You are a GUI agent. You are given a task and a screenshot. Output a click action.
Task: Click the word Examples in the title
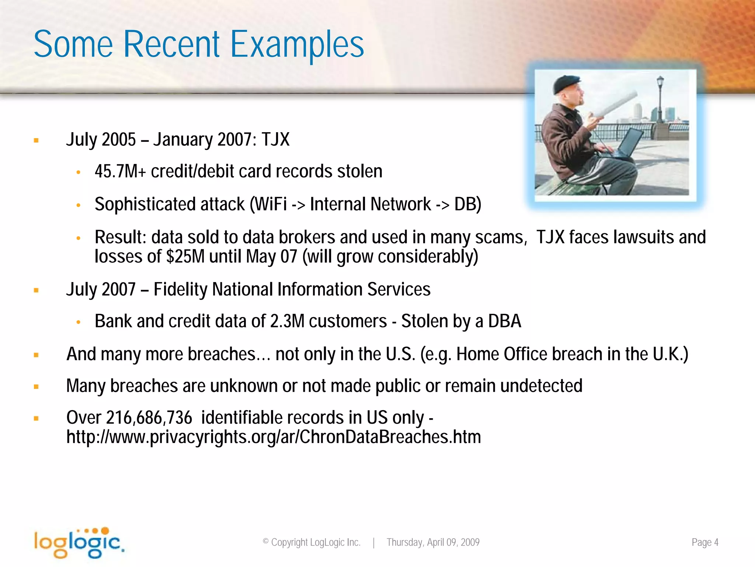[x=297, y=45]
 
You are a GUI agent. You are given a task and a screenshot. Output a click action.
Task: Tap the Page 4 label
[x=704, y=542]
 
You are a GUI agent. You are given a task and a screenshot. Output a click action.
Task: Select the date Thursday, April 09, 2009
[x=433, y=542]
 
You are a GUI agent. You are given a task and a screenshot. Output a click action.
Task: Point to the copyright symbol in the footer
[x=265, y=542]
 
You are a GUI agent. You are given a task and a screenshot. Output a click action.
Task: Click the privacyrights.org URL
[x=274, y=437]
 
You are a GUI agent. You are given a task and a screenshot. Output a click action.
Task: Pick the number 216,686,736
[x=149, y=418]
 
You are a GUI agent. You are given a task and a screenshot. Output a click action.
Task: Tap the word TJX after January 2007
[x=275, y=140]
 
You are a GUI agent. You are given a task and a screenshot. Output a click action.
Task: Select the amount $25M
[x=185, y=257]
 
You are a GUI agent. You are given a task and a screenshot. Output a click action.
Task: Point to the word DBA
[x=504, y=321]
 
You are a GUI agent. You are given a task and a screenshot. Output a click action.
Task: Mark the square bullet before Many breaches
[x=36, y=387]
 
